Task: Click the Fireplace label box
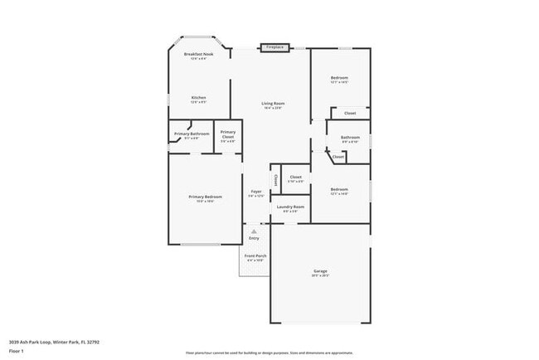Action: (x=274, y=47)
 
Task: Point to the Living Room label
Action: (x=274, y=103)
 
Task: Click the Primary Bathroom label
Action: (x=191, y=134)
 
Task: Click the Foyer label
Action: (x=256, y=192)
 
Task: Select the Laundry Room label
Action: (x=290, y=207)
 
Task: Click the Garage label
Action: (x=320, y=271)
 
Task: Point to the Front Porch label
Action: (x=255, y=255)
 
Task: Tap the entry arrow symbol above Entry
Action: (x=254, y=231)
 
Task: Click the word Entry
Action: (x=254, y=238)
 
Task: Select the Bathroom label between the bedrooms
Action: (x=350, y=137)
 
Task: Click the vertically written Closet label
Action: (x=275, y=180)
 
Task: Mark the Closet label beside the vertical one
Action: (x=295, y=177)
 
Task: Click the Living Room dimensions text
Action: (x=274, y=108)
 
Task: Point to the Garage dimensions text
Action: (x=320, y=276)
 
